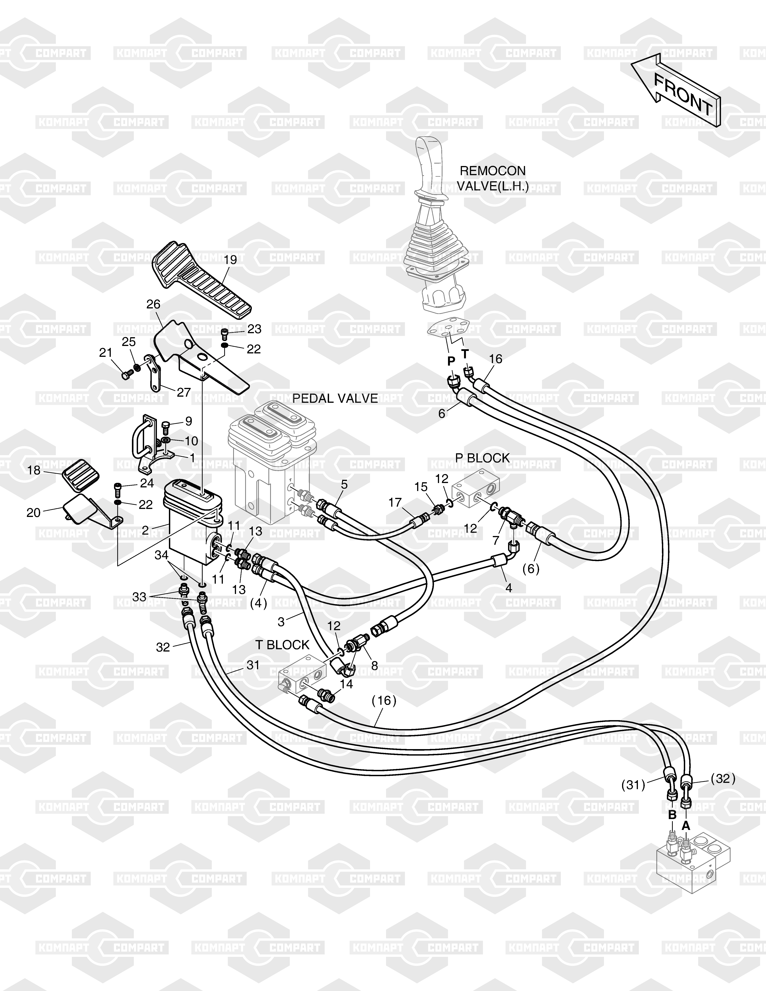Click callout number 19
(230, 260)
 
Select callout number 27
(183, 392)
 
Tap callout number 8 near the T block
(374, 666)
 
